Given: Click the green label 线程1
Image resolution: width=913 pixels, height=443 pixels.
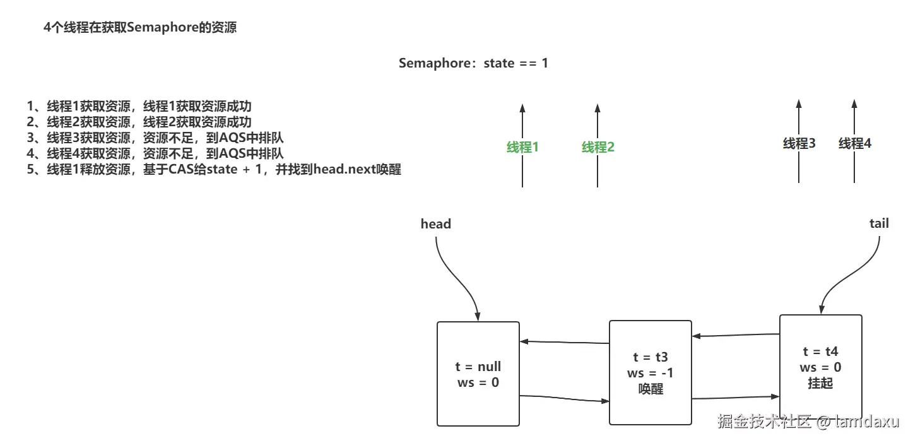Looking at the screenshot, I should point(522,147).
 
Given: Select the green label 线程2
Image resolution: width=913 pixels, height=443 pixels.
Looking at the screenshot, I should point(598,147).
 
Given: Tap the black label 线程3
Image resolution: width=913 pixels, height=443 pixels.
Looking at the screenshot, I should point(799,144).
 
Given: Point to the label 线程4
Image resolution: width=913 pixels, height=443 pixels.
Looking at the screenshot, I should point(854,144).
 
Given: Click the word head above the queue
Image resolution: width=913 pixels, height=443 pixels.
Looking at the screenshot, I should point(436,224).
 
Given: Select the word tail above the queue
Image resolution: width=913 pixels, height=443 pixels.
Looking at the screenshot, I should point(879,223).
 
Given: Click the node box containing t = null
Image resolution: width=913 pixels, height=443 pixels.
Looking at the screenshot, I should point(478,374).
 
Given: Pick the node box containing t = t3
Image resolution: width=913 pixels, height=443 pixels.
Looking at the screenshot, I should point(650,372).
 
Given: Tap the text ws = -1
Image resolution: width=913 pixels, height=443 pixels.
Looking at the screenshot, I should point(650,373).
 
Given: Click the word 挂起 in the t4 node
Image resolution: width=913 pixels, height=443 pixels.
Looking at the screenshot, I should point(820,383).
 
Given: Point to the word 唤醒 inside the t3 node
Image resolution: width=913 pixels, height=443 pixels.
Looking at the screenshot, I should point(650,389).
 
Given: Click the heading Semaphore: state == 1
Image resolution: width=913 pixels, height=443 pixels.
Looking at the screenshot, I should point(473,64).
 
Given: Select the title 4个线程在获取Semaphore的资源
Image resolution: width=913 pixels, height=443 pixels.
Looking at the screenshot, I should point(140,28).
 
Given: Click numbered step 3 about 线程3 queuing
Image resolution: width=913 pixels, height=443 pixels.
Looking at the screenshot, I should point(155,138).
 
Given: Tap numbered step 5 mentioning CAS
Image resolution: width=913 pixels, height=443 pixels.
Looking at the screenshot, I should point(215,170).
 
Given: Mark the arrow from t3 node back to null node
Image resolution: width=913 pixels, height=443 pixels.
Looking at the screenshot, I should point(564,343).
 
